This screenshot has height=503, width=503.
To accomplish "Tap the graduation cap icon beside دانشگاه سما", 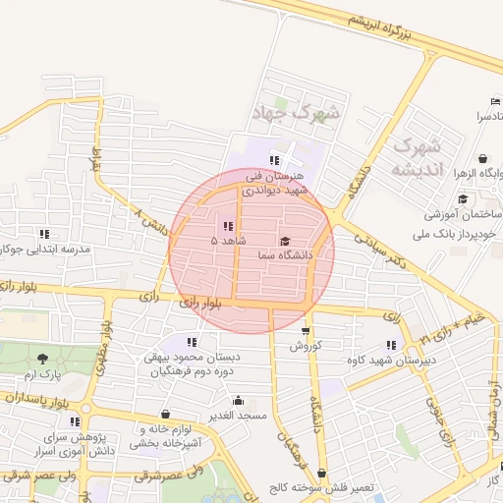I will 285,241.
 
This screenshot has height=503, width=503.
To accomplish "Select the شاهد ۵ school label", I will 229,240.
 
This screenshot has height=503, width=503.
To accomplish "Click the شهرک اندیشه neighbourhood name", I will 418,158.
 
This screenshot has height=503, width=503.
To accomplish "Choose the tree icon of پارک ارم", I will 42,359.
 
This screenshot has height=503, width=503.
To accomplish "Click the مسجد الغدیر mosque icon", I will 238,401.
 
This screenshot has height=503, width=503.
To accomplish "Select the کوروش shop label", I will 306,346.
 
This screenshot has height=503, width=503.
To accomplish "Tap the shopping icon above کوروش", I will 307,331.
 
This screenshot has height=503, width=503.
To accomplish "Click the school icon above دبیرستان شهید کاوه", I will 391,345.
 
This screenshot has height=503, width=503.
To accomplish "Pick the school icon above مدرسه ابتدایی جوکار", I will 43,234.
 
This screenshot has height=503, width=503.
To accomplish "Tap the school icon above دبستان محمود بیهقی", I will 192,342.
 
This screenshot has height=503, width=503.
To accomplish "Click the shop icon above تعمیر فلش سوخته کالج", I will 321,474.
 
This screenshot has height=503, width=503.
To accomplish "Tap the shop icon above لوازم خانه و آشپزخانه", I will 164,415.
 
